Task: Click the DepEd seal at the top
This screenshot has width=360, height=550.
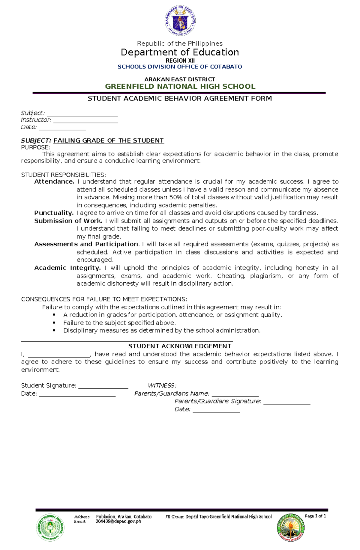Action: [x=180, y=21]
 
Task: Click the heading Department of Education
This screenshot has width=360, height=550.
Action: [x=180, y=52]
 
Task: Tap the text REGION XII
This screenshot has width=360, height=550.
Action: [x=180, y=61]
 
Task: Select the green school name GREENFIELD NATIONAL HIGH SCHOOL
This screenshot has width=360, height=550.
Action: [x=180, y=87]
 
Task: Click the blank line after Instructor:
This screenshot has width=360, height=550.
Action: [x=85, y=121]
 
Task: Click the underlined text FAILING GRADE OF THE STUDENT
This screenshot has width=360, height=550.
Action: [x=109, y=141]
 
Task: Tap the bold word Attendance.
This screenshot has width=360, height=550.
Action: [x=54, y=182]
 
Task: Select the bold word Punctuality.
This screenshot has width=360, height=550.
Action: [x=54, y=213]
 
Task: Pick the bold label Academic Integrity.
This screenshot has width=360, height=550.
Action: [x=67, y=268]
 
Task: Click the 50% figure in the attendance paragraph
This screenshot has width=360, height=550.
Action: [x=175, y=197]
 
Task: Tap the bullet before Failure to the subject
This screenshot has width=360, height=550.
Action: [x=54, y=323]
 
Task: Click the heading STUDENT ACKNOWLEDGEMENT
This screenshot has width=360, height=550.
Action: [x=180, y=346]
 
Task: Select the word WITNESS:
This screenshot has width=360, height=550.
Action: [x=162, y=385]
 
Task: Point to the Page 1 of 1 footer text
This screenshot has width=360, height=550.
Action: [x=315, y=516]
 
